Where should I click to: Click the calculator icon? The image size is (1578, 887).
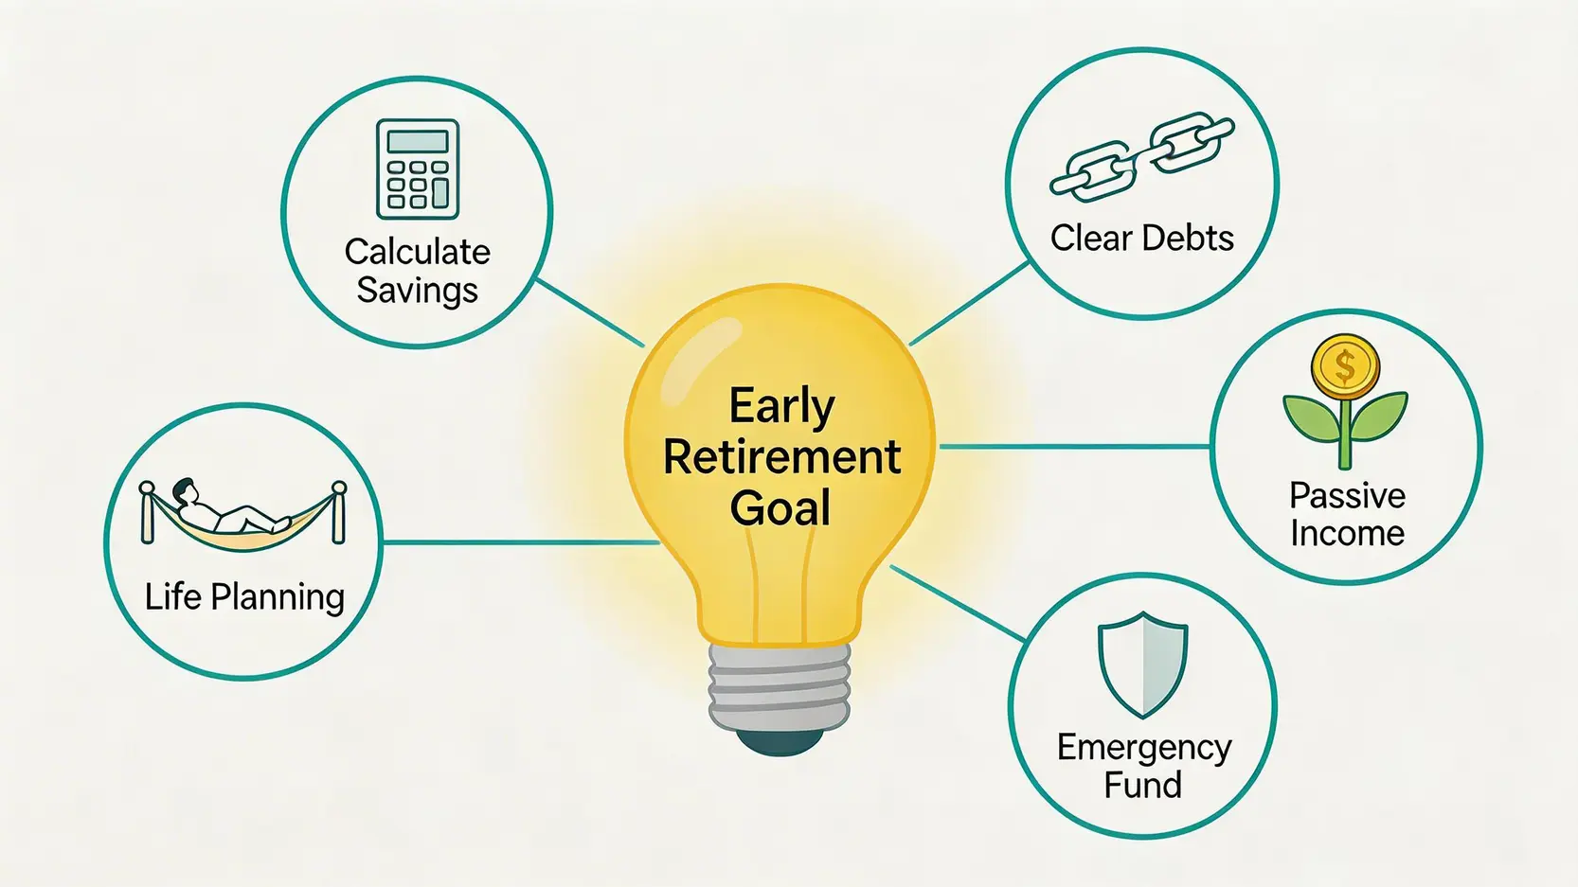coord(418,169)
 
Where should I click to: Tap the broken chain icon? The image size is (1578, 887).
coord(1142,157)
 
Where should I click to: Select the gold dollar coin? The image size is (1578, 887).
coord(1345,366)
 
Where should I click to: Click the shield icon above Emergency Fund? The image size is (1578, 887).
coord(1142,665)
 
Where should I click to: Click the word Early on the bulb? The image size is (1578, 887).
coord(781,406)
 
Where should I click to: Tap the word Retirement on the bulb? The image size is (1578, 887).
coord(781,457)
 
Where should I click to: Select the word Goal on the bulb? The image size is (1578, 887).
coord(780,508)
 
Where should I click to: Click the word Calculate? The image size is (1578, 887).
coord(417,252)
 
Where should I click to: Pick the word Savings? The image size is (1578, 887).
coord(417,291)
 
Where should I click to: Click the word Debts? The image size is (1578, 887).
coord(1188,238)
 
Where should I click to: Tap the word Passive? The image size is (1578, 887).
coord(1347,496)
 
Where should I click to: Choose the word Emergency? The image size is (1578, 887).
coord(1144,749)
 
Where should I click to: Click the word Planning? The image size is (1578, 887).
coord(278,598)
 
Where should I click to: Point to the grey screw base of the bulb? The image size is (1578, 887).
coord(780,687)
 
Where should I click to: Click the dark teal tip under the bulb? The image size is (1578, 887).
coord(780,742)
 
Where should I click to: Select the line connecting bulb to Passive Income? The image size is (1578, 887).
coord(1075,446)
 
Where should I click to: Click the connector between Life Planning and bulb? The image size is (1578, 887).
coord(521,542)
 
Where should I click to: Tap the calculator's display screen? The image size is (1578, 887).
coord(418,141)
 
